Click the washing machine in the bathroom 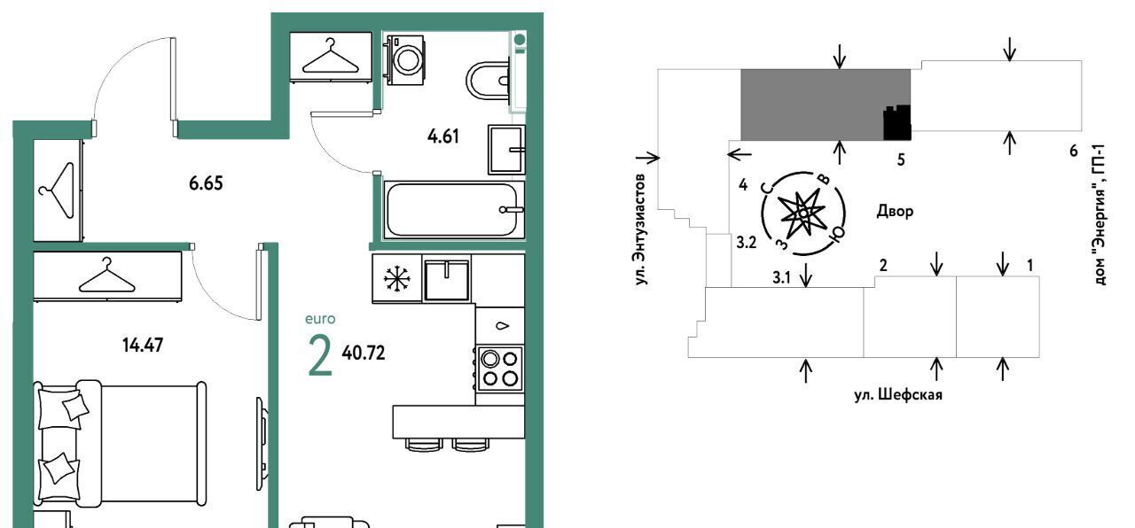point(404,59)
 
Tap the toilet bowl point(487,81)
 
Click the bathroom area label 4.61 point(442,136)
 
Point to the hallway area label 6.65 point(206,183)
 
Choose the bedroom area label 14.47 point(143,346)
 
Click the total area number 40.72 point(364,353)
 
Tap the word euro point(320,319)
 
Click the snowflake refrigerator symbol point(396,279)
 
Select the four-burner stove point(499,369)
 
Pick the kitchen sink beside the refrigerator point(446,279)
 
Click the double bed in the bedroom point(120,446)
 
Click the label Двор point(895,211)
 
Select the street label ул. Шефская point(898,394)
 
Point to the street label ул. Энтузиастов point(641,229)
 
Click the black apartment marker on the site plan point(897,123)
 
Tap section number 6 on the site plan point(1073,151)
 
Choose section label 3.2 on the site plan point(747,243)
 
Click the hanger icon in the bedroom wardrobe point(107,276)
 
